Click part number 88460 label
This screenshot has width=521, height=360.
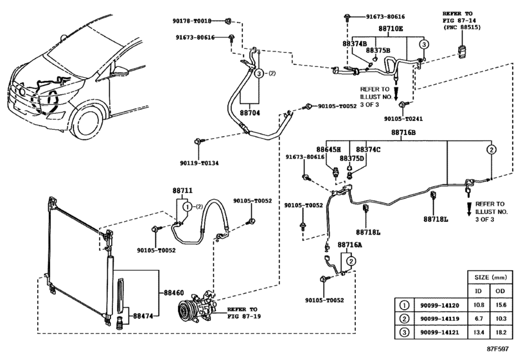[174, 293]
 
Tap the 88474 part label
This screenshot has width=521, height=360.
[143, 316]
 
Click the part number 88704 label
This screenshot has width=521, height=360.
[249, 113]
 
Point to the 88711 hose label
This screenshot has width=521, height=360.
[182, 191]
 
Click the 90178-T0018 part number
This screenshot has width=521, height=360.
[191, 21]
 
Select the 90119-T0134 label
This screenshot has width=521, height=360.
[199, 163]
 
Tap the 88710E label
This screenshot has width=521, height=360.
[391, 28]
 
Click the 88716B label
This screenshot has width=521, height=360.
[403, 132]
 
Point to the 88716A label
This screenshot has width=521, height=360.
[350, 245]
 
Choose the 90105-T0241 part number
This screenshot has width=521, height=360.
[403, 119]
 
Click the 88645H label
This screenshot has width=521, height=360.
[329, 150]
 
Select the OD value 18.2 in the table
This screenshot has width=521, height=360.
[500, 332]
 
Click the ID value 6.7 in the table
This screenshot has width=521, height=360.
[479, 318]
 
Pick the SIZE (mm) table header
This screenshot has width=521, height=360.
[490, 277]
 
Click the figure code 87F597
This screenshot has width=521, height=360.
[498, 349]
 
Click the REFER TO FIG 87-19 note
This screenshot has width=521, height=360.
[244, 313]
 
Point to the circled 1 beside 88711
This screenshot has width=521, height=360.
[188, 207]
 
